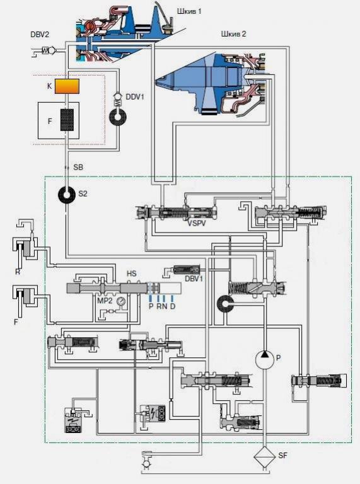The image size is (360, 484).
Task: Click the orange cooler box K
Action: point(67,86)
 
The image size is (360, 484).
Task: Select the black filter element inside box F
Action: point(67,120)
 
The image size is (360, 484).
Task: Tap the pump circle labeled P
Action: point(265,360)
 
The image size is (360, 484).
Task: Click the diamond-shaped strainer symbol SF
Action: point(265,457)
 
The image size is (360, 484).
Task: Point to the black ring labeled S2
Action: point(67,195)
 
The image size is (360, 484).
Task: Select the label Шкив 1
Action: point(189,11)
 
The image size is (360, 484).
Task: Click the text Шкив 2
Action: point(233,33)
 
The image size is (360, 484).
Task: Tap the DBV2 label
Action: point(40,34)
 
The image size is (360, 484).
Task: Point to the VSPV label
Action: point(197,223)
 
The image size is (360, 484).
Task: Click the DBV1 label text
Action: point(194,279)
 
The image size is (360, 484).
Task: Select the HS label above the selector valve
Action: point(132,274)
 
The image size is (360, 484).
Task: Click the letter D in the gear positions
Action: point(173,306)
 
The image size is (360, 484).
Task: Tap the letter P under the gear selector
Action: point(151,306)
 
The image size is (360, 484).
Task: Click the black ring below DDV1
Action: point(118,117)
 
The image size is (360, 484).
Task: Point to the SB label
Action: point(78,167)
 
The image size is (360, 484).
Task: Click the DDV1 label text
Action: point(135,96)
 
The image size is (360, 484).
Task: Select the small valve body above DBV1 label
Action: point(187,270)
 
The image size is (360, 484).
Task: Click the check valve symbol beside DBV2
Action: point(49,50)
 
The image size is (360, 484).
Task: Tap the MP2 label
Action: point(105,301)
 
